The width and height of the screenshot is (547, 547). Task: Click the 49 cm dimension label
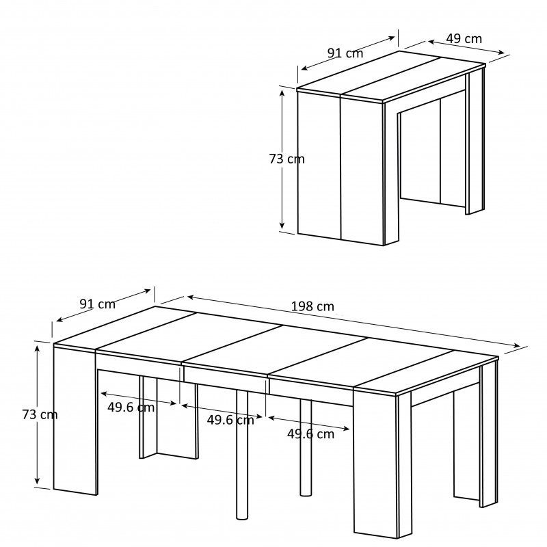[464, 38]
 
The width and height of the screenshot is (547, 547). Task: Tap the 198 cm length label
[312, 306]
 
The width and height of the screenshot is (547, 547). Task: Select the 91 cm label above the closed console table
[345, 53]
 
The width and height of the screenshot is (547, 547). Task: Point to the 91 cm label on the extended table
[97, 304]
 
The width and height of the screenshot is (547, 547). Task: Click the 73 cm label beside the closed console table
[286, 159]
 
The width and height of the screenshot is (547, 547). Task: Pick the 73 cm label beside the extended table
[40, 414]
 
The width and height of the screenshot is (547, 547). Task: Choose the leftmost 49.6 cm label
[131, 407]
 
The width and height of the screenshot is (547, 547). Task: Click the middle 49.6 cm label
[230, 420]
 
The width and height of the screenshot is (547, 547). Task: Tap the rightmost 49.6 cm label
[310, 434]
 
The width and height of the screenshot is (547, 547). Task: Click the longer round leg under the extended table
[242, 454]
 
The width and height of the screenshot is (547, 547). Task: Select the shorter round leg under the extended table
[306, 447]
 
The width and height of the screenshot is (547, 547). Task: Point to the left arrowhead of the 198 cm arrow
[191, 297]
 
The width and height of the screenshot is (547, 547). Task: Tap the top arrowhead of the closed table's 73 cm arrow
[282, 93]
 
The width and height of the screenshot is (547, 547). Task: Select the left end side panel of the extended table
[75, 419]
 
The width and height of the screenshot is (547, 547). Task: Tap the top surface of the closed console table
[390, 77]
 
